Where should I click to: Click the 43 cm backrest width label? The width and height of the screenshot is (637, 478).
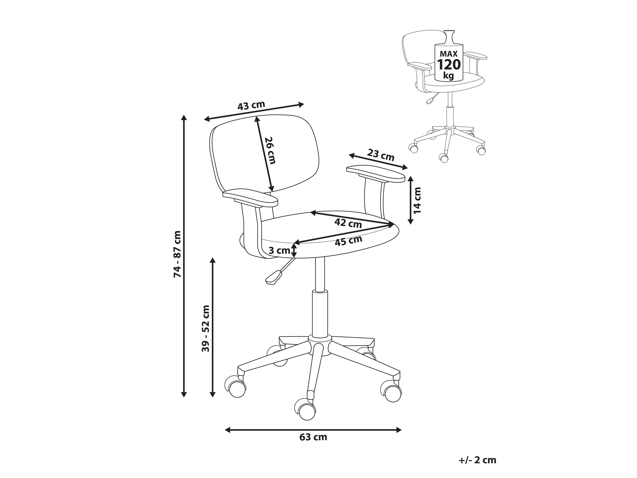[251, 105]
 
